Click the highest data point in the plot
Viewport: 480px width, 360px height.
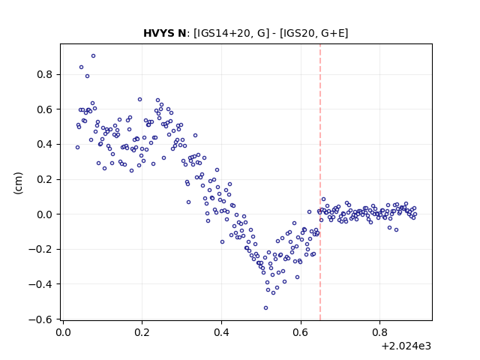(x=93, y=56)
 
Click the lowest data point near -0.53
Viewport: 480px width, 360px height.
(x=265, y=308)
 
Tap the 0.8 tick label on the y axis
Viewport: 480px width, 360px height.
(x=45, y=75)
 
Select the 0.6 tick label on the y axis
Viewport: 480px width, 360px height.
(x=45, y=109)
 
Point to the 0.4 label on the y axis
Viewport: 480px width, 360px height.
(x=45, y=145)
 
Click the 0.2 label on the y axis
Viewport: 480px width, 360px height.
(x=45, y=179)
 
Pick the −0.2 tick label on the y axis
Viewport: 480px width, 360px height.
(x=40, y=250)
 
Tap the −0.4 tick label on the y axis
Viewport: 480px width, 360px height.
(x=40, y=284)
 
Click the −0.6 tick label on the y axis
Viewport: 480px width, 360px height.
(x=40, y=319)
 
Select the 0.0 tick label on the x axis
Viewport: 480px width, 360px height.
(x=63, y=332)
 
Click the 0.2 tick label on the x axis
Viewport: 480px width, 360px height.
(x=142, y=332)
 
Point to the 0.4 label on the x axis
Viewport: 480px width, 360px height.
(x=222, y=332)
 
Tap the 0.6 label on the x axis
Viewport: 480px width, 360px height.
(x=301, y=332)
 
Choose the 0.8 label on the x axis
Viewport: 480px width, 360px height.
(x=380, y=332)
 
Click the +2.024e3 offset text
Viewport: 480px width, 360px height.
(x=406, y=346)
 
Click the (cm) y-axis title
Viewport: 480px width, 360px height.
(x=18, y=183)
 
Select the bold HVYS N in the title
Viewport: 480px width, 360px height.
(x=164, y=33)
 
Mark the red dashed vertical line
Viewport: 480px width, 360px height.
(x=320, y=182)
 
